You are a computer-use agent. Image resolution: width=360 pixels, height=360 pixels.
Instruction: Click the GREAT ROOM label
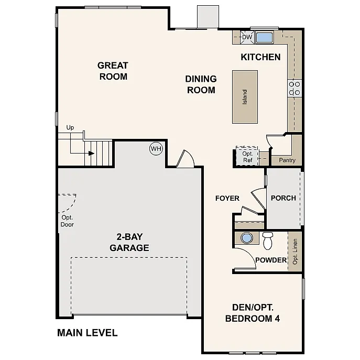tap(113, 71)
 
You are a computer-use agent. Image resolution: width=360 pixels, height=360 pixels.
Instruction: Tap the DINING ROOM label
tap(201, 84)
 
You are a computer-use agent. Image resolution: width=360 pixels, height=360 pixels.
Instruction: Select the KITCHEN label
tap(260, 57)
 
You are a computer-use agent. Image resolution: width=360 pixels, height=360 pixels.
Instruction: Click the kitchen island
tap(245, 97)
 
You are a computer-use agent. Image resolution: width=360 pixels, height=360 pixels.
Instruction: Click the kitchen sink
tap(264, 37)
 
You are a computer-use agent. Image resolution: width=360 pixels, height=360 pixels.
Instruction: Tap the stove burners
tap(294, 88)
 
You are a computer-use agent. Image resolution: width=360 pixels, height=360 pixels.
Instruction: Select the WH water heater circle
tap(156, 149)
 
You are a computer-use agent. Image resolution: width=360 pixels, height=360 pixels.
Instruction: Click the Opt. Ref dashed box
tap(247, 156)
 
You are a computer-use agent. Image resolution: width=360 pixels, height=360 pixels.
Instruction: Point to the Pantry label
tap(287, 160)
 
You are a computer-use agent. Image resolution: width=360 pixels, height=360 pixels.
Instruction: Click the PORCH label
tap(283, 198)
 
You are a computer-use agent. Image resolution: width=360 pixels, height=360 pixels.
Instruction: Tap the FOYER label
tap(227, 198)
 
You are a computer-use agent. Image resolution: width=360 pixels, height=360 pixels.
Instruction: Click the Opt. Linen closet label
tap(295, 252)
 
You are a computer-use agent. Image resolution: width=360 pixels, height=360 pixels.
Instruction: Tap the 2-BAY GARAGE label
tap(129, 243)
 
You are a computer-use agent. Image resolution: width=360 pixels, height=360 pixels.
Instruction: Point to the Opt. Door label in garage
tap(67, 221)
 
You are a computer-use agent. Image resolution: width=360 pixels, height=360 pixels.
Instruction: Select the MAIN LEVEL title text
tap(87, 332)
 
